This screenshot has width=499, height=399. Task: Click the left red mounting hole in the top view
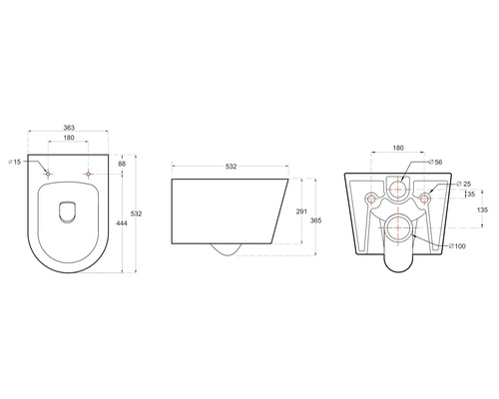click(x=49, y=175)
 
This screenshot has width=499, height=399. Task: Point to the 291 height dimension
click(x=300, y=212)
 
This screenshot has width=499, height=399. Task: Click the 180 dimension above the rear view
click(x=397, y=149)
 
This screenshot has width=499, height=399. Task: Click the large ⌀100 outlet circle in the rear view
click(x=397, y=226)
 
